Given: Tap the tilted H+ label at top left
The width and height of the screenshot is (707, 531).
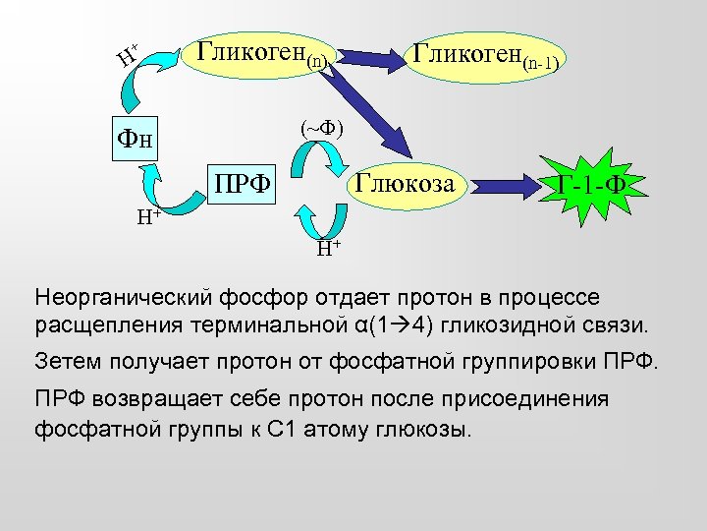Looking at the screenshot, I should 127,55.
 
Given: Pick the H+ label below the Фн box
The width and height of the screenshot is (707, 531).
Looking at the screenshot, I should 148,217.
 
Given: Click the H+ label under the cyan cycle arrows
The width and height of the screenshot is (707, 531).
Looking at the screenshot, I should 329,248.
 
